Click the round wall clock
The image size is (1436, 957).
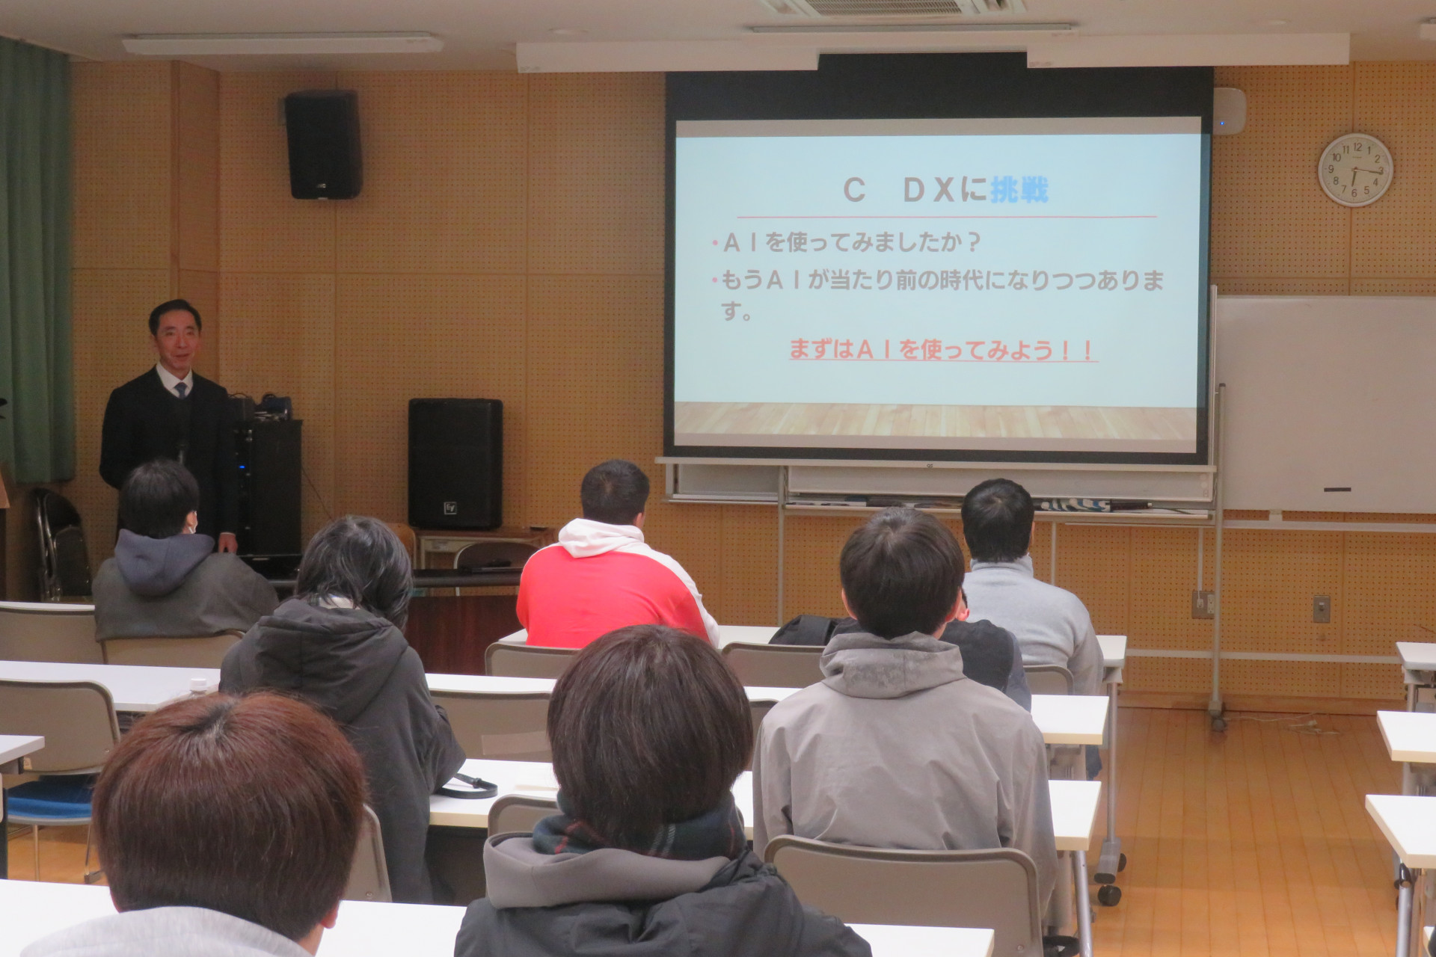point(1355,170)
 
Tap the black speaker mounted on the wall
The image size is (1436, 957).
point(323,144)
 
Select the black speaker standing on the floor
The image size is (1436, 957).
point(455,464)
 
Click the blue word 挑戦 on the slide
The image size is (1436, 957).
point(1019,190)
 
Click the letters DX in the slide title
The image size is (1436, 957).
point(930,191)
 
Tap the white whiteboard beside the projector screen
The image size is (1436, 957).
point(1325,404)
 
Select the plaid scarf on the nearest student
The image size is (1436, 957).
point(639,830)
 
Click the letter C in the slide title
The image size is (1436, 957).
point(854,191)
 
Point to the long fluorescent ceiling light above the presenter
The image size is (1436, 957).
point(283,44)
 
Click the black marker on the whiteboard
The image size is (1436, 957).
point(1337,490)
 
